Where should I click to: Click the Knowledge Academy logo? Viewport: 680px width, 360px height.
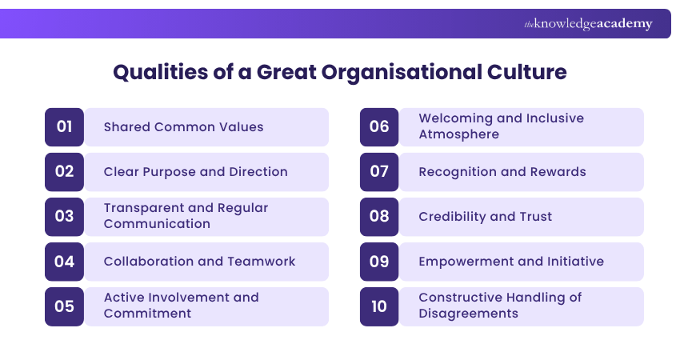coord(588,24)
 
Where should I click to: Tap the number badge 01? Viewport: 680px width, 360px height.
coord(65,126)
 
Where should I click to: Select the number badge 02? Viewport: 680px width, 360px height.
coord(65,171)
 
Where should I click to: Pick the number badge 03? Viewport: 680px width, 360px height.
coord(65,216)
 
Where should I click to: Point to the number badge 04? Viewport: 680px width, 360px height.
coord(65,261)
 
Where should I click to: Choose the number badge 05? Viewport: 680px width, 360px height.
coord(65,306)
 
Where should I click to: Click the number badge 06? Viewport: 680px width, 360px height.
coord(379,126)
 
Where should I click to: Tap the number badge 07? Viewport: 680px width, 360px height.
coord(379,171)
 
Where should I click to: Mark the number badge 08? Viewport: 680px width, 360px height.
coord(379,216)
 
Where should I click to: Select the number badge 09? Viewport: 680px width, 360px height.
coord(379,261)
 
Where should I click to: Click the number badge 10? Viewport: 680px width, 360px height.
coord(379,306)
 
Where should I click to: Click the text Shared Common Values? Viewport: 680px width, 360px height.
coord(183,126)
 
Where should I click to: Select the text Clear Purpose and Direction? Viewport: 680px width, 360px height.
coord(195,171)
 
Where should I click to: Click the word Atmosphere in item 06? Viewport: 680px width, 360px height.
coord(458,134)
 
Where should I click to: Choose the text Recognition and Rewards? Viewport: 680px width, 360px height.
coord(502,171)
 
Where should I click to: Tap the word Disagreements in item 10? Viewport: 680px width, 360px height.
coord(468,314)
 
